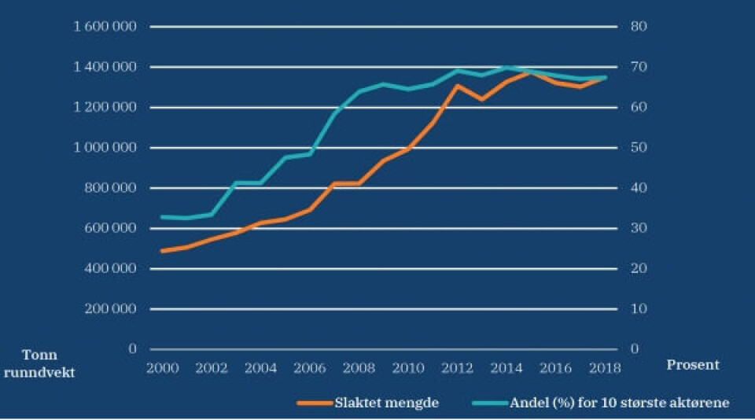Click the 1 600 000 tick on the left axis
point(105,27)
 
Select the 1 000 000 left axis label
point(105,148)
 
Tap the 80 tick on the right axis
point(638,27)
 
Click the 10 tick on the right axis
point(638,308)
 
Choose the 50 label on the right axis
point(638,148)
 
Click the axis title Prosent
point(692,365)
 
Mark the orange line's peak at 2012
point(457,85)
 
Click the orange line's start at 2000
point(161,251)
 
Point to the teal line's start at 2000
point(161,216)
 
